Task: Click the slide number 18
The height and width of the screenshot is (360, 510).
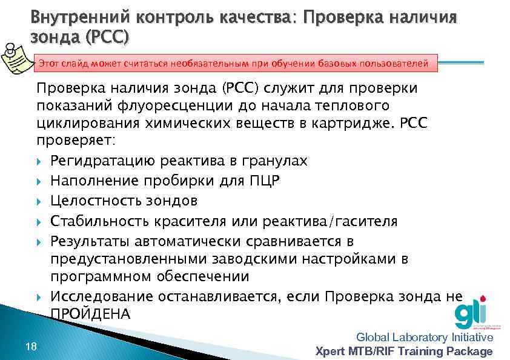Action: [x=31, y=346]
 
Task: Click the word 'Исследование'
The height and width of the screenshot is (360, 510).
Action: [x=102, y=296]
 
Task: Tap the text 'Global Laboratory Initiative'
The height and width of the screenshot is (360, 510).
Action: [x=425, y=338]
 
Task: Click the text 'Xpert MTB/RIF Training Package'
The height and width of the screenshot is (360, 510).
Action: [x=405, y=352]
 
